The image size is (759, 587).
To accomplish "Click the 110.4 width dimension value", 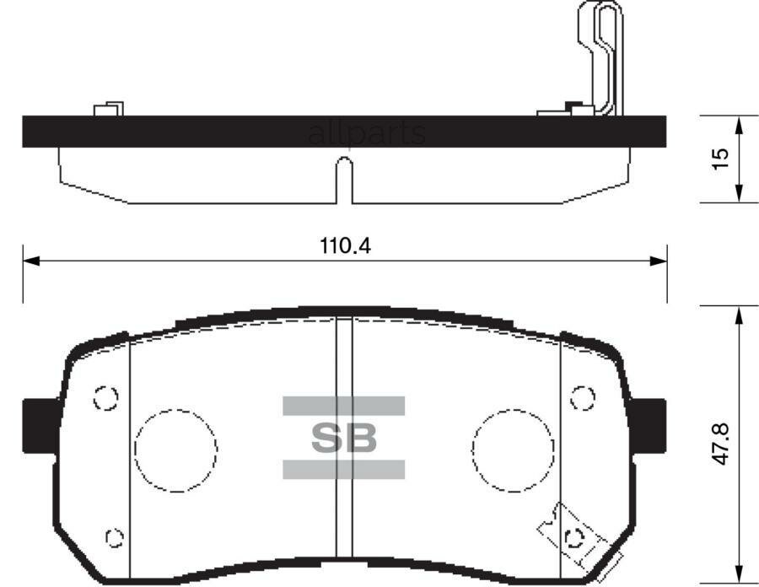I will click(346, 247).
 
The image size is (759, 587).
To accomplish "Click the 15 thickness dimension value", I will click(719, 159).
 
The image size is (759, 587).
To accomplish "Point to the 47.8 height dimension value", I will click(719, 443).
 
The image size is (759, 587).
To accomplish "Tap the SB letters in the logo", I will click(343, 437).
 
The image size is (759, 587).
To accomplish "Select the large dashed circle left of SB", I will click(175, 447).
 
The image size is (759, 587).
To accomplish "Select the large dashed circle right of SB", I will click(513, 445).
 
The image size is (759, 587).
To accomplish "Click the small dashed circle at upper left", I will click(105, 397).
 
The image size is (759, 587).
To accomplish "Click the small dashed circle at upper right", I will click(582, 396).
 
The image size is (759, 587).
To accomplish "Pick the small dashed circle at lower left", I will click(113, 536).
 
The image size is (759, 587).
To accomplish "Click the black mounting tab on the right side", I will click(649, 426).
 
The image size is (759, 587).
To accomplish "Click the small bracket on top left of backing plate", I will click(109, 110).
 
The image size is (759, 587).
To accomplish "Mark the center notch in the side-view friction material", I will click(343, 179).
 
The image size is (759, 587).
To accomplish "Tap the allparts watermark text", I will click(366, 133).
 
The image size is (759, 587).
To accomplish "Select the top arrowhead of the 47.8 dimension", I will click(739, 314).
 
